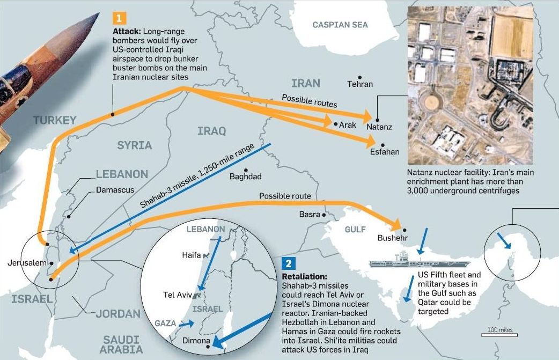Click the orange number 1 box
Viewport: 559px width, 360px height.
pos(119,17)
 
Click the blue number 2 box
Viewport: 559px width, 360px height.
pos(288,263)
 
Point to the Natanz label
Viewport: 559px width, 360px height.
pos(379,128)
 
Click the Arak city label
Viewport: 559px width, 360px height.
pos(347,124)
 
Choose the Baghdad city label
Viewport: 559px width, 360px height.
pos(246,177)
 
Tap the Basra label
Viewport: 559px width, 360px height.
pos(310,215)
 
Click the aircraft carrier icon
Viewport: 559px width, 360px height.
pos(419,263)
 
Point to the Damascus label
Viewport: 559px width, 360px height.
pos(115,190)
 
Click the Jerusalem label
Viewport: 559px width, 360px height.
pos(26,263)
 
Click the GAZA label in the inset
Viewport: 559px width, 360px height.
pos(165,324)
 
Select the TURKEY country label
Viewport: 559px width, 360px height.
pos(55,120)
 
